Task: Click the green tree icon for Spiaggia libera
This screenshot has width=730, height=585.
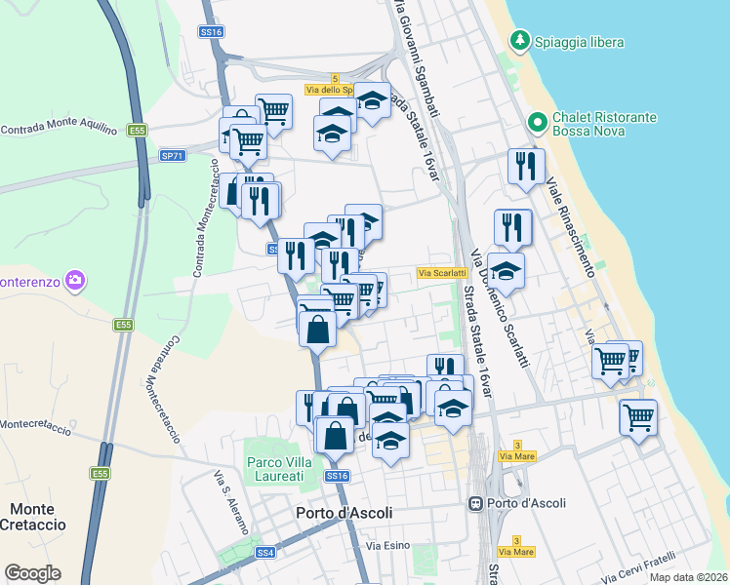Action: click(x=520, y=41)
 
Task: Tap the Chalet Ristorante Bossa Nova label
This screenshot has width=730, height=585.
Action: click(x=604, y=124)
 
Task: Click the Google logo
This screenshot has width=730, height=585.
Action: click(x=32, y=573)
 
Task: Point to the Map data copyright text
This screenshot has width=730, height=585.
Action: click(x=688, y=575)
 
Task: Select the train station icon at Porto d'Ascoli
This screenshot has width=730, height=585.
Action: click(x=475, y=504)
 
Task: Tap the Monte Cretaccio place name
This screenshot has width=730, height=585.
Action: click(x=38, y=517)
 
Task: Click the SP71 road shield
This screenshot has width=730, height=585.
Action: click(x=172, y=155)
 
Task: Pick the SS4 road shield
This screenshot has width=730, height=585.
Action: click(x=264, y=553)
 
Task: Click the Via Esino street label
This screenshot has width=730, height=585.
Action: click(x=385, y=545)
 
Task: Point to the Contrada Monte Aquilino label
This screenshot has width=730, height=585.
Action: click(x=59, y=129)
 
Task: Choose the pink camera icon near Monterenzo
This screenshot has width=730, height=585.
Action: click(x=76, y=283)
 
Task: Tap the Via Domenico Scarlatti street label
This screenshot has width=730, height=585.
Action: click(x=500, y=308)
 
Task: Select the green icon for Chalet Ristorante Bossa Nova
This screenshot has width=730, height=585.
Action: click(x=536, y=124)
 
